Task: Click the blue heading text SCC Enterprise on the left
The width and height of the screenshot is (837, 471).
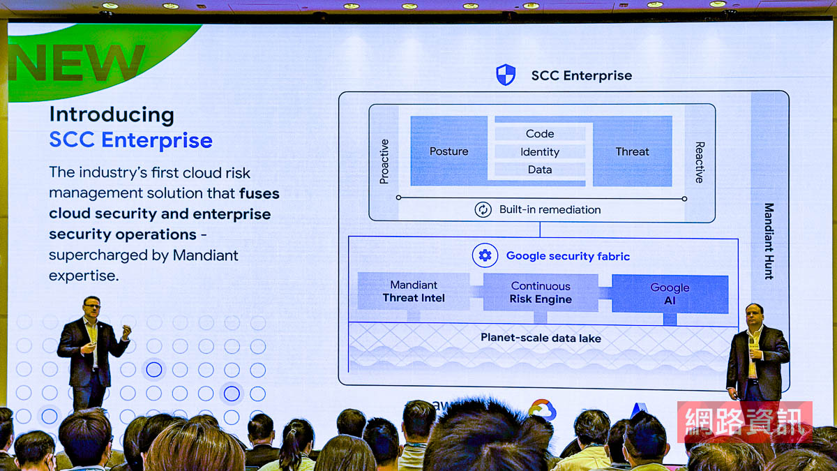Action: tap(130, 140)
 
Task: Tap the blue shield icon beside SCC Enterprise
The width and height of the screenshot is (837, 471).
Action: tap(506, 75)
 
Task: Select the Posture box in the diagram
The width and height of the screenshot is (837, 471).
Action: tap(448, 151)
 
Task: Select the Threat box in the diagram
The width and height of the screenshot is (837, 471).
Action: tap(632, 151)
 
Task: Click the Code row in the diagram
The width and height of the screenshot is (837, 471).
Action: tap(540, 133)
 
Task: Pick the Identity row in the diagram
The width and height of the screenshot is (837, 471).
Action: tap(540, 151)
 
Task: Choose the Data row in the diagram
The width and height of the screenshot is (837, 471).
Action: tap(540, 170)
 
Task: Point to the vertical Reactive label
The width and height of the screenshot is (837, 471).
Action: tap(699, 162)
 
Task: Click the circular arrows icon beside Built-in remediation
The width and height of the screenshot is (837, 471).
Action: tap(483, 209)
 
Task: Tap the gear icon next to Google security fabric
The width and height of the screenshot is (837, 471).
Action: tap(485, 255)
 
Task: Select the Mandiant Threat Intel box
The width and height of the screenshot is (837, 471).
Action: tap(414, 292)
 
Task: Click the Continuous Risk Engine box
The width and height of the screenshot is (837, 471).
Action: tap(541, 292)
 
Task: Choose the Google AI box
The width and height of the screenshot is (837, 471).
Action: tap(670, 294)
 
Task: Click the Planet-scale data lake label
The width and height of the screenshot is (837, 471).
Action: tap(541, 338)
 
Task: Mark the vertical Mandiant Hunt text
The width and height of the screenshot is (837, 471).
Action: tap(769, 241)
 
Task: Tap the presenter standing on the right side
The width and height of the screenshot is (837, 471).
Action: tap(755, 354)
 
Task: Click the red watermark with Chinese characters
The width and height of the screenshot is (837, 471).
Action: tap(744, 422)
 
